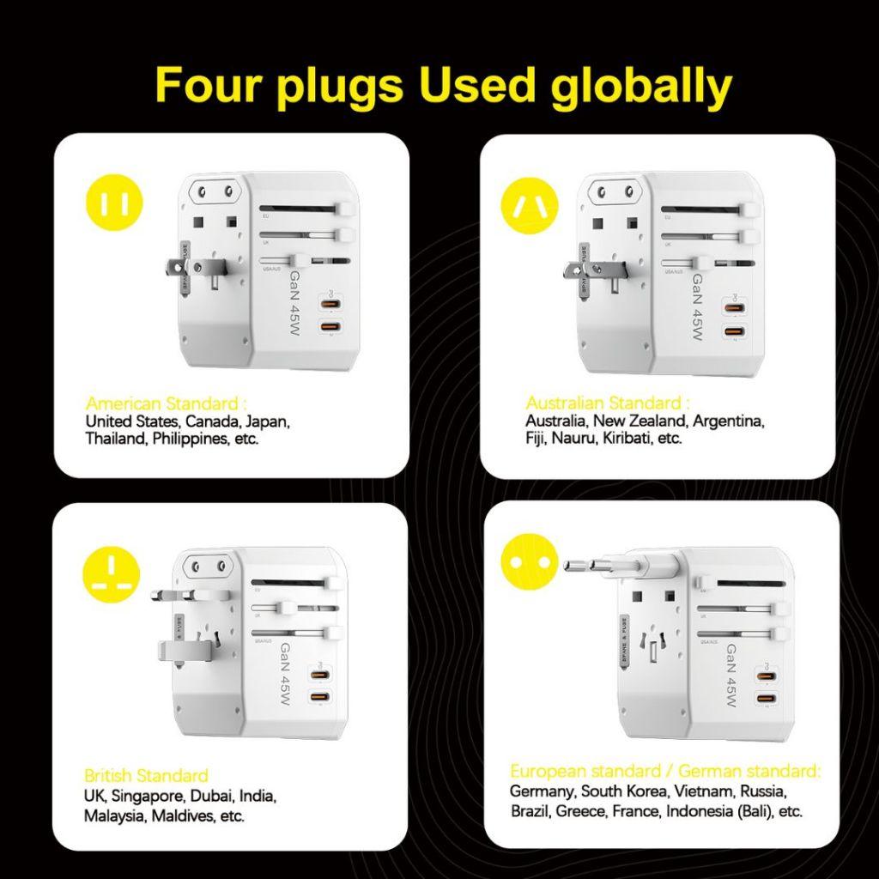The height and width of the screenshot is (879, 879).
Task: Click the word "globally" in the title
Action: point(641,86)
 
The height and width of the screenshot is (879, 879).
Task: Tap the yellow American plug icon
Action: point(115,203)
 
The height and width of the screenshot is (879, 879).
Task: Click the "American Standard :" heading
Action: point(167,403)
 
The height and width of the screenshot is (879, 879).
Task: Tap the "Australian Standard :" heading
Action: point(608,403)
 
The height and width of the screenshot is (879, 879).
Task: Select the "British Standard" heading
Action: point(146,776)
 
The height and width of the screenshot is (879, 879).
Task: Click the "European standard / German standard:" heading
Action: point(665,770)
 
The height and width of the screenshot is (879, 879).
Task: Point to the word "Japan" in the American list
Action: point(267,421)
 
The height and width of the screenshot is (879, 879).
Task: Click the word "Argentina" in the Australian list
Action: point(728,421)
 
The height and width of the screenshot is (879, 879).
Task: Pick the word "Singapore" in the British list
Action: point(147,796)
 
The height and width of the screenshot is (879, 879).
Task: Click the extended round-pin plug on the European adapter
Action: point(601,567)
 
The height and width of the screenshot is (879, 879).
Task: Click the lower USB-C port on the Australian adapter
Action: point(732,331)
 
